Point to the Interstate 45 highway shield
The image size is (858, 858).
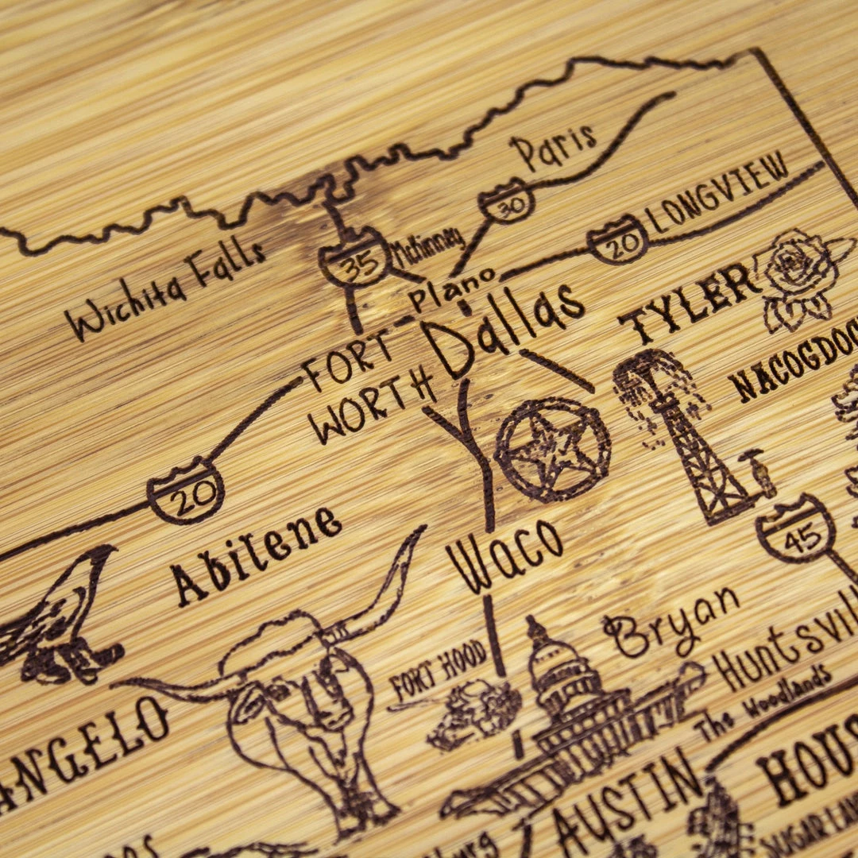tap(795, 531)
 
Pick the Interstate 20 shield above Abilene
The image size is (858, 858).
tap(186, 493)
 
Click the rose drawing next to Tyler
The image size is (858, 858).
tap(798, 278)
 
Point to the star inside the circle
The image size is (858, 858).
tap(553, 450)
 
